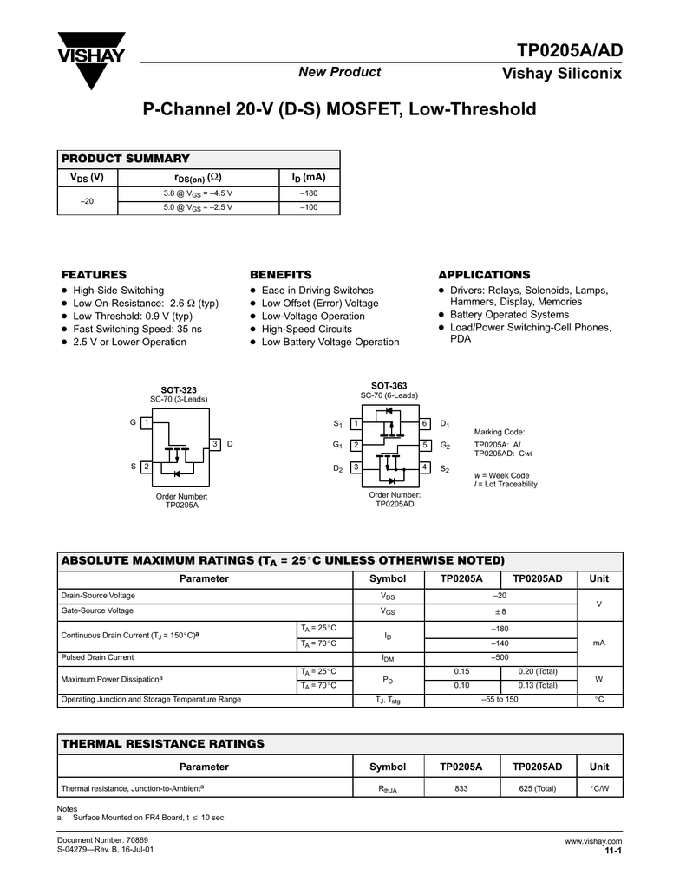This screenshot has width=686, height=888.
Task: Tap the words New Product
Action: [340, 72]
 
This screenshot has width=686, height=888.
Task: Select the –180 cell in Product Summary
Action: [309, 193]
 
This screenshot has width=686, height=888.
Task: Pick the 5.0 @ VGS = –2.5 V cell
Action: [198, 207]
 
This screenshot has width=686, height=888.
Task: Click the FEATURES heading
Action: [94, 274]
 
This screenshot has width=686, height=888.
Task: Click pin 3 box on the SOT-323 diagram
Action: [214, 444]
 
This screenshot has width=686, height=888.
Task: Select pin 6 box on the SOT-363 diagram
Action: [425, 423]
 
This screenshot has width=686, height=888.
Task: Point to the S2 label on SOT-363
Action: [445, 468]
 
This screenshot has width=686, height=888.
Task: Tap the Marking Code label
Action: [500, 431]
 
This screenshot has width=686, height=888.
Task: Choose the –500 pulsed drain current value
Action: [500, 657]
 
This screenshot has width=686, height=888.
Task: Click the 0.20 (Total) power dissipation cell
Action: [538, 671]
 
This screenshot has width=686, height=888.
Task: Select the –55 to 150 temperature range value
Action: [500, 699]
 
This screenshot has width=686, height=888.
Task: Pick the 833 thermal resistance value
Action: [461, 788]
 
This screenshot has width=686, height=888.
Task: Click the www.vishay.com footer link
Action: [593, 841]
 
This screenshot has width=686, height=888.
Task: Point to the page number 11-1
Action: [613, 851]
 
